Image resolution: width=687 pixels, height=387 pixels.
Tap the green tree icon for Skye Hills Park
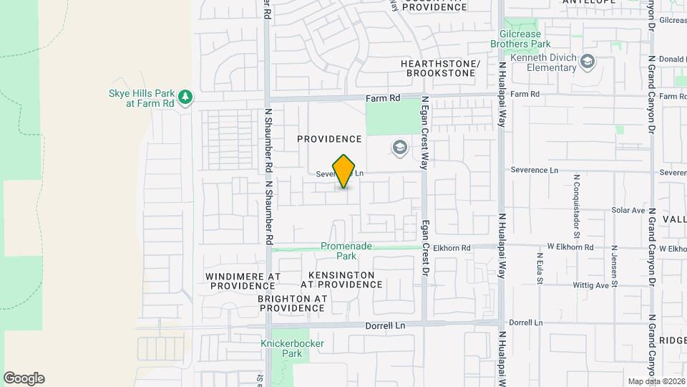click(185, 96)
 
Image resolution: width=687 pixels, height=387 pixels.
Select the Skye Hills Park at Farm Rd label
click(141, 98)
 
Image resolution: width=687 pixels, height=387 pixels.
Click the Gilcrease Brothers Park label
click(540, 39)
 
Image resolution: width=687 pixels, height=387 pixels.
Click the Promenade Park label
click(346, 250)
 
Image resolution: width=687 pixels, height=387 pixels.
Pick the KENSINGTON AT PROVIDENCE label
click(341, 279)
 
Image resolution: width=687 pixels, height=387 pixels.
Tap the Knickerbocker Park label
click(292, 348)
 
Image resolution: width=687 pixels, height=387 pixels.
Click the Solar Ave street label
click(628, 211)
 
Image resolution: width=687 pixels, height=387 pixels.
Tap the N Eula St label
click(539, 265)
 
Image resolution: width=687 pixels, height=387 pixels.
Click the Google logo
click(24, 378)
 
